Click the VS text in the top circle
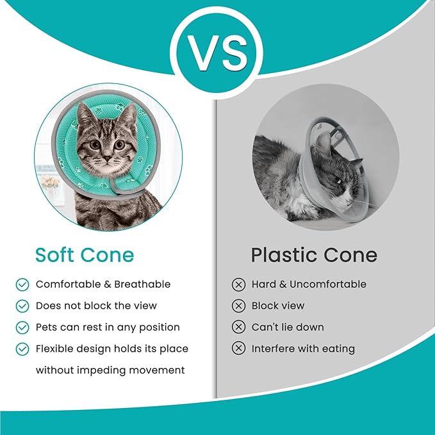217,53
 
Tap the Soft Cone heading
85,254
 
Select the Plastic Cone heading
314,254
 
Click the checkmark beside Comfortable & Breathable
22,284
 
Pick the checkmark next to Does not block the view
22,306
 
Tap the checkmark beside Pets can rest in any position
22,327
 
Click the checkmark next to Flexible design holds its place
22,349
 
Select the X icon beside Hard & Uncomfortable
238,284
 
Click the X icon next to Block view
238,306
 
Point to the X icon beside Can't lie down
238,327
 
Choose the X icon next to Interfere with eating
238,349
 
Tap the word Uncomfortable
328,284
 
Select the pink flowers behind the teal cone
50,182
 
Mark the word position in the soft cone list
158,327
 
